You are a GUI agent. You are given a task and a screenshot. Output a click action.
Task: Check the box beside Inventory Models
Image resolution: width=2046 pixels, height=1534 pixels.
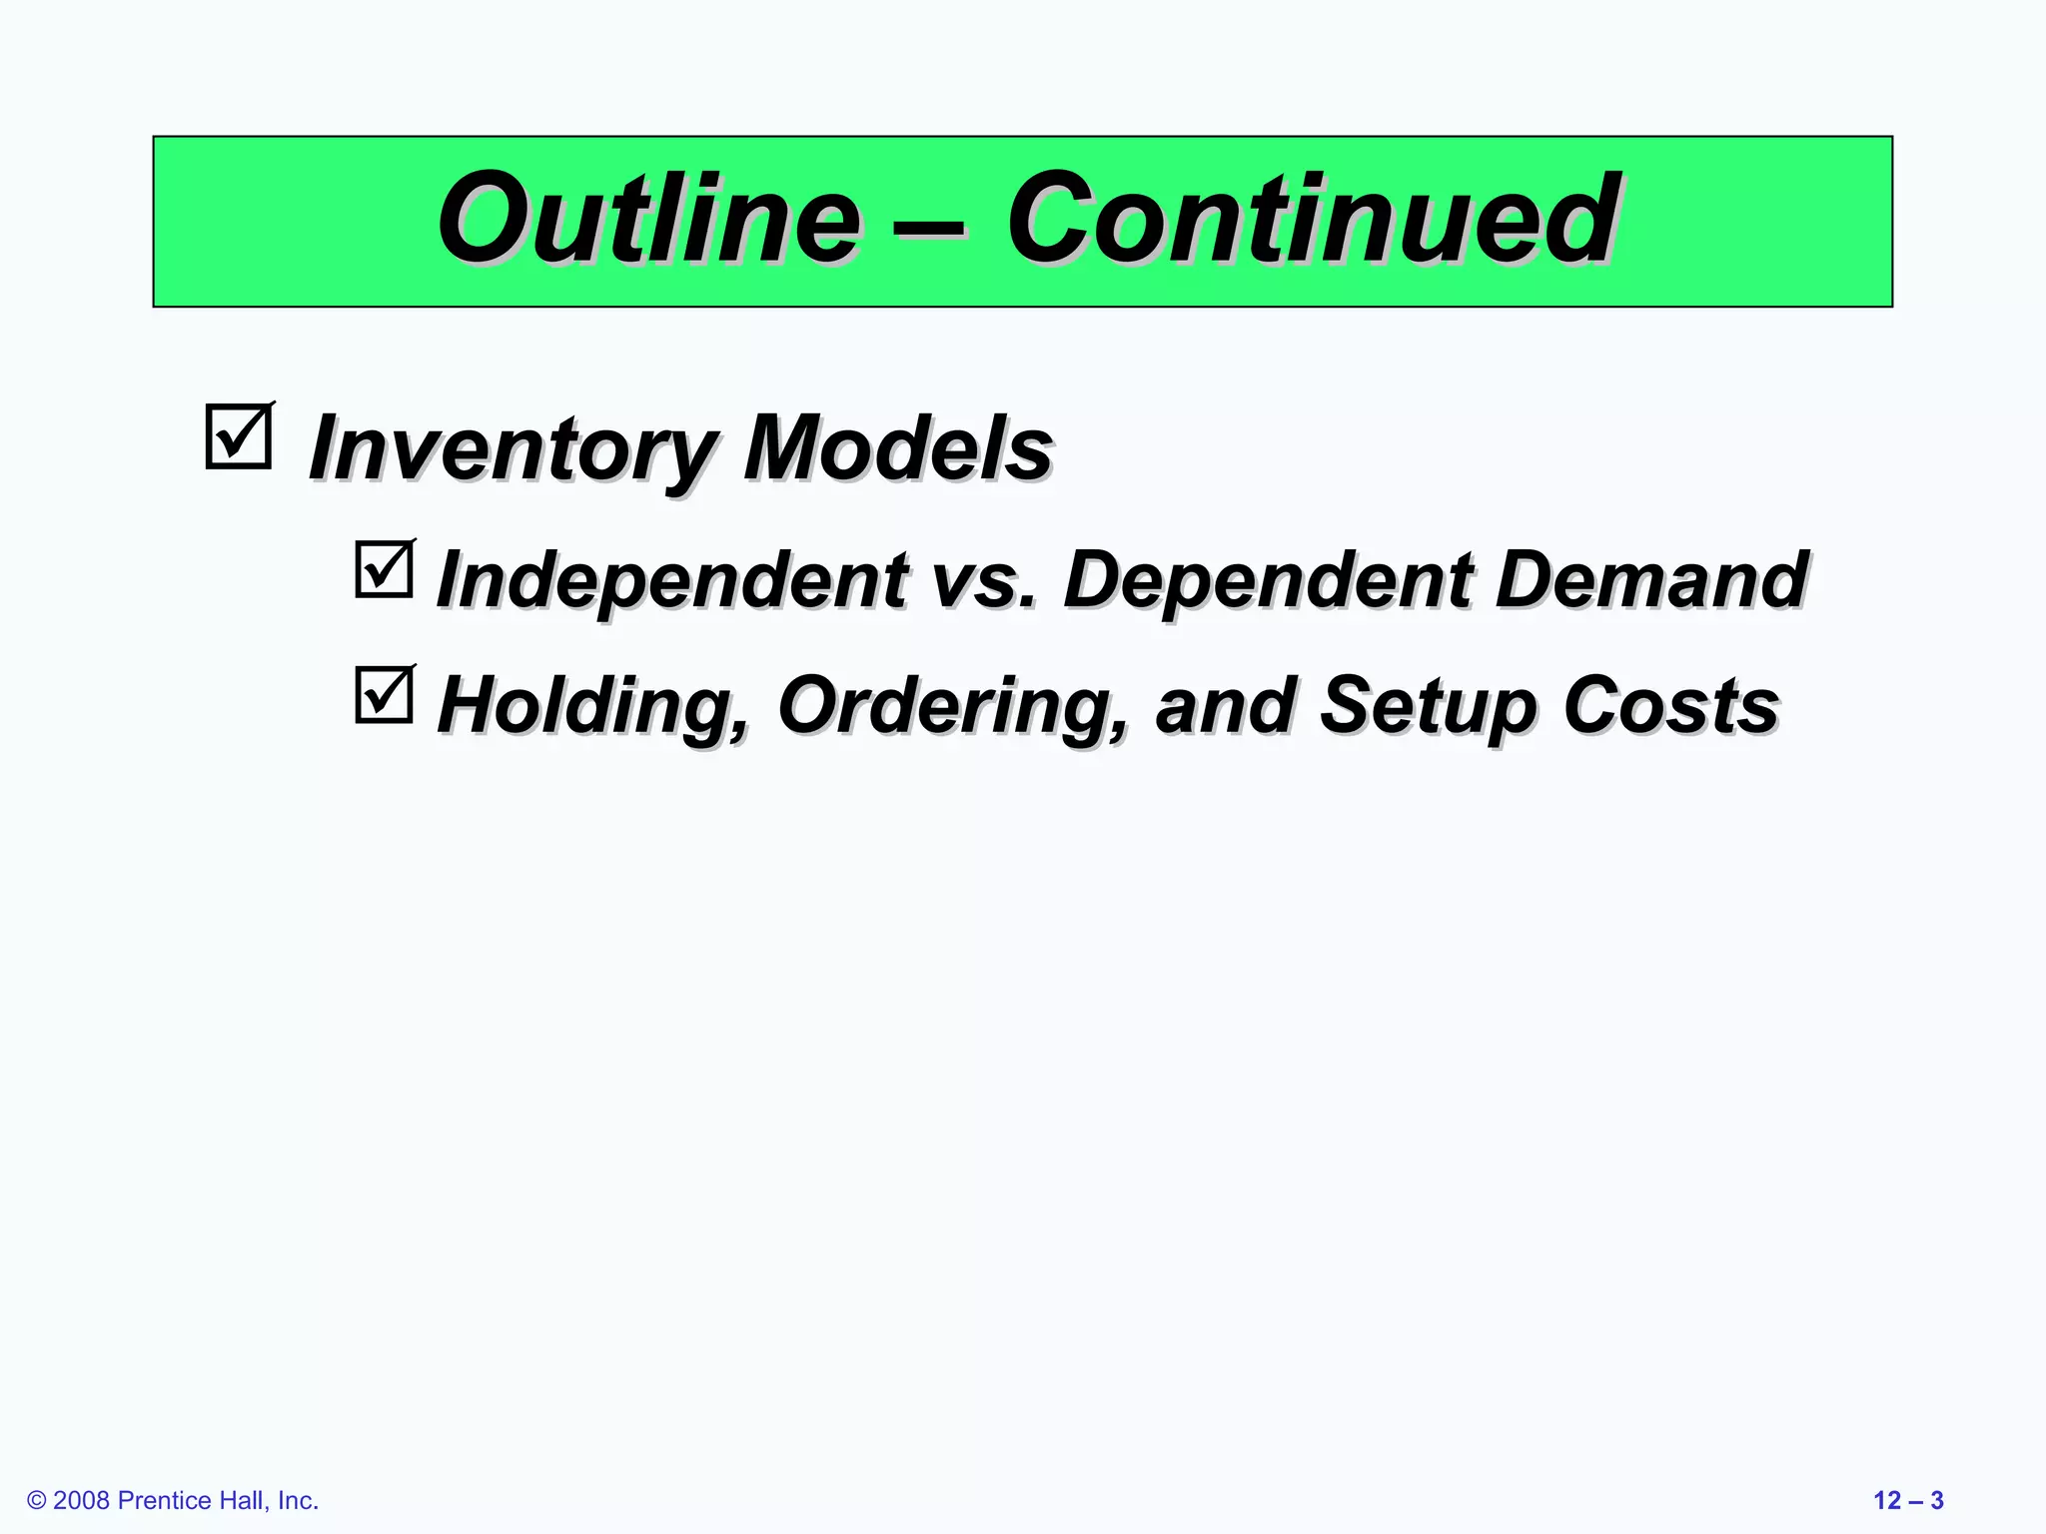[238, 436]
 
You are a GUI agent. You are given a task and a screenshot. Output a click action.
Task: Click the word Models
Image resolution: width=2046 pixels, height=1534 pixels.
[897, 447]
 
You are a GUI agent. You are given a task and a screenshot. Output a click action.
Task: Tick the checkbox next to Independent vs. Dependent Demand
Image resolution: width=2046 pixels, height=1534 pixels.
[384, 569]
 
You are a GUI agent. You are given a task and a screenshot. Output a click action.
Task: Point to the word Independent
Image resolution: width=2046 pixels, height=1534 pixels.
[672, 580]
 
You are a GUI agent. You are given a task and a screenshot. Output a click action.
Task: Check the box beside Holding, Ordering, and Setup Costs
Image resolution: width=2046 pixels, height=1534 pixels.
[384, 695]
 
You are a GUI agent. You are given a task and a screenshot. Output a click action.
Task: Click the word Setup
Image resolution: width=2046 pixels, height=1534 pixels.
[1429, 706]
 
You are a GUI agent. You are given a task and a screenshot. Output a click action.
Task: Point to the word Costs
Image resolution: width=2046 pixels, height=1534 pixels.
[1670, 705]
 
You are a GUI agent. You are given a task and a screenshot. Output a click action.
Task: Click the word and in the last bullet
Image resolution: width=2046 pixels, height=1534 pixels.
[1225, 706]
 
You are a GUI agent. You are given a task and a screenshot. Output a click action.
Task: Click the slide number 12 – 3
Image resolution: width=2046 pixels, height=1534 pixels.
[1908, 1500]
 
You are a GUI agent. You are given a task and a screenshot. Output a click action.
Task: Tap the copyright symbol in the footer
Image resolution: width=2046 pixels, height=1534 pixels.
[37, 1501]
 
